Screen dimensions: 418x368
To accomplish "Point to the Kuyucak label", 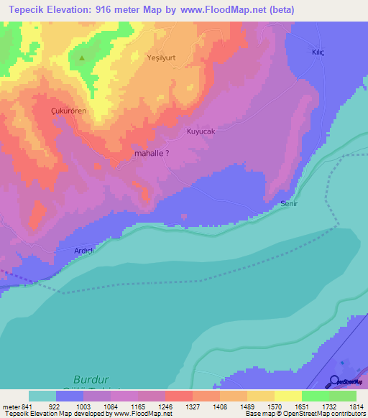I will pos(201,131).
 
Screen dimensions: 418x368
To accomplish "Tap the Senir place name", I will pos(288,204).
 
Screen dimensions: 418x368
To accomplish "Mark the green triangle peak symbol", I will pos(82,58).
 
